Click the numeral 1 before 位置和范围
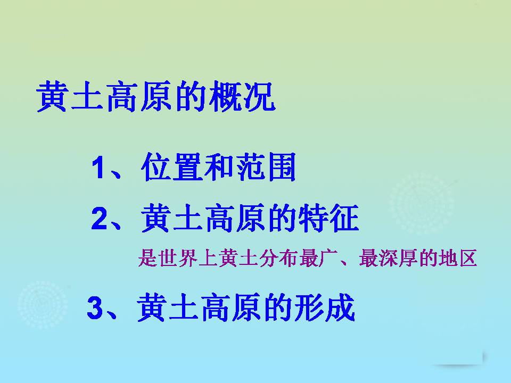tap(100, 169)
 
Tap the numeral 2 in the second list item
tap(101, 219)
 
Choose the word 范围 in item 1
tap(264, 169)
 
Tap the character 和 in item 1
tap(219, 169)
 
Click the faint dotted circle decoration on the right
tap(423, 202)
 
